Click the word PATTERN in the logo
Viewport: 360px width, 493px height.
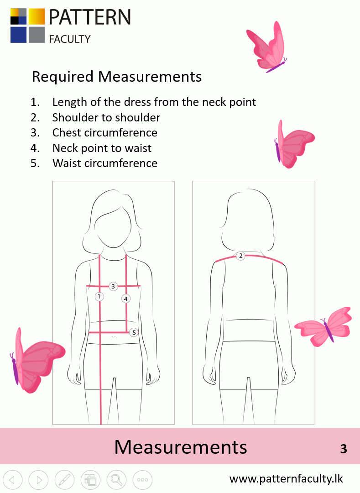click(x=89, y=17)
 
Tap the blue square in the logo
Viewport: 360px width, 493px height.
click(x=18, y=35)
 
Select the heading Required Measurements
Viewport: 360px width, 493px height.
click(x=116, y=76)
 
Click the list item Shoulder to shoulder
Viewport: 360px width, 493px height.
click(x=106, y=117)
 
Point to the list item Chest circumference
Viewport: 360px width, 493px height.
click(x=104, y=132)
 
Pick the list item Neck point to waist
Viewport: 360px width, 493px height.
click(x=102, y=148)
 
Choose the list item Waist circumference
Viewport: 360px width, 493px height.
click(x=104, y=163)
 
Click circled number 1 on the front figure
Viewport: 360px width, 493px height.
click(x=99, y=297)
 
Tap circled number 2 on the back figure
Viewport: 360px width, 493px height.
click(x=240, y=256)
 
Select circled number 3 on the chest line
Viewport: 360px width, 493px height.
click(x=113, y=287)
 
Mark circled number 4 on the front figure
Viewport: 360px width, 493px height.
click(x=125, y=299)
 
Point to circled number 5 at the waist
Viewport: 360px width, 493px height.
click(x=134, y=333)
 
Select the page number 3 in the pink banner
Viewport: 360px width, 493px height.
click(x=344, y=448)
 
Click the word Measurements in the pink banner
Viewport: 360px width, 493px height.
click(x=180, y=446)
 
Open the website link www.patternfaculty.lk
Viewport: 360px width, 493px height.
click(x=286, y=479)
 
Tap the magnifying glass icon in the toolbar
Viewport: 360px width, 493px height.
click(x=116, y=480)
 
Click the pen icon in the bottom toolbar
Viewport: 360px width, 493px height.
click(x=64, y=480)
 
